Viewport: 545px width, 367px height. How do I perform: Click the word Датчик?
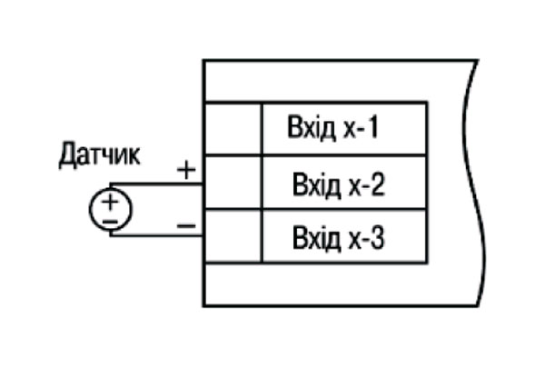[99, 155]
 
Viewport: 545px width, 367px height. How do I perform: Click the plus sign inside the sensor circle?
[111, 202]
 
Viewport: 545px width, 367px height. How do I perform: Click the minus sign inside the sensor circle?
[111, 222]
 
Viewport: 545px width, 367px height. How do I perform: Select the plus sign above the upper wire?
[186, 170]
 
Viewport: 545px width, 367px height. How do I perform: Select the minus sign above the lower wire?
[186, 226]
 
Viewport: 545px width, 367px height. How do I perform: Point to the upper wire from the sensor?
[156, 183]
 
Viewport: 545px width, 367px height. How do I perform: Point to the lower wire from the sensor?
[156, 235]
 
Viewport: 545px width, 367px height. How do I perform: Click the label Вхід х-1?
[332, 127]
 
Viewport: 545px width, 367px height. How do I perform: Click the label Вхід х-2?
[339, 184]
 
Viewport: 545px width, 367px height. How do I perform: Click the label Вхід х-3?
[339, 238]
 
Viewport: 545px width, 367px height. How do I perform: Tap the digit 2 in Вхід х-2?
[377, 183]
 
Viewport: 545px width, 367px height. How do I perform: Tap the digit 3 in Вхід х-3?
[377, 237]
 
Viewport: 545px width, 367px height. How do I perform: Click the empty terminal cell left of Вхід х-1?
[233, 129]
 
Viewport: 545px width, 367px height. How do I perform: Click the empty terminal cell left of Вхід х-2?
[233, 183]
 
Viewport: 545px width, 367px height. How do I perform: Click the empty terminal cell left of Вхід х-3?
[233, 236]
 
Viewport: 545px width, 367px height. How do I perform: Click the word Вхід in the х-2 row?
[316, 184]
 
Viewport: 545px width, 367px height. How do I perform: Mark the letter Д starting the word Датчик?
[66, 155]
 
